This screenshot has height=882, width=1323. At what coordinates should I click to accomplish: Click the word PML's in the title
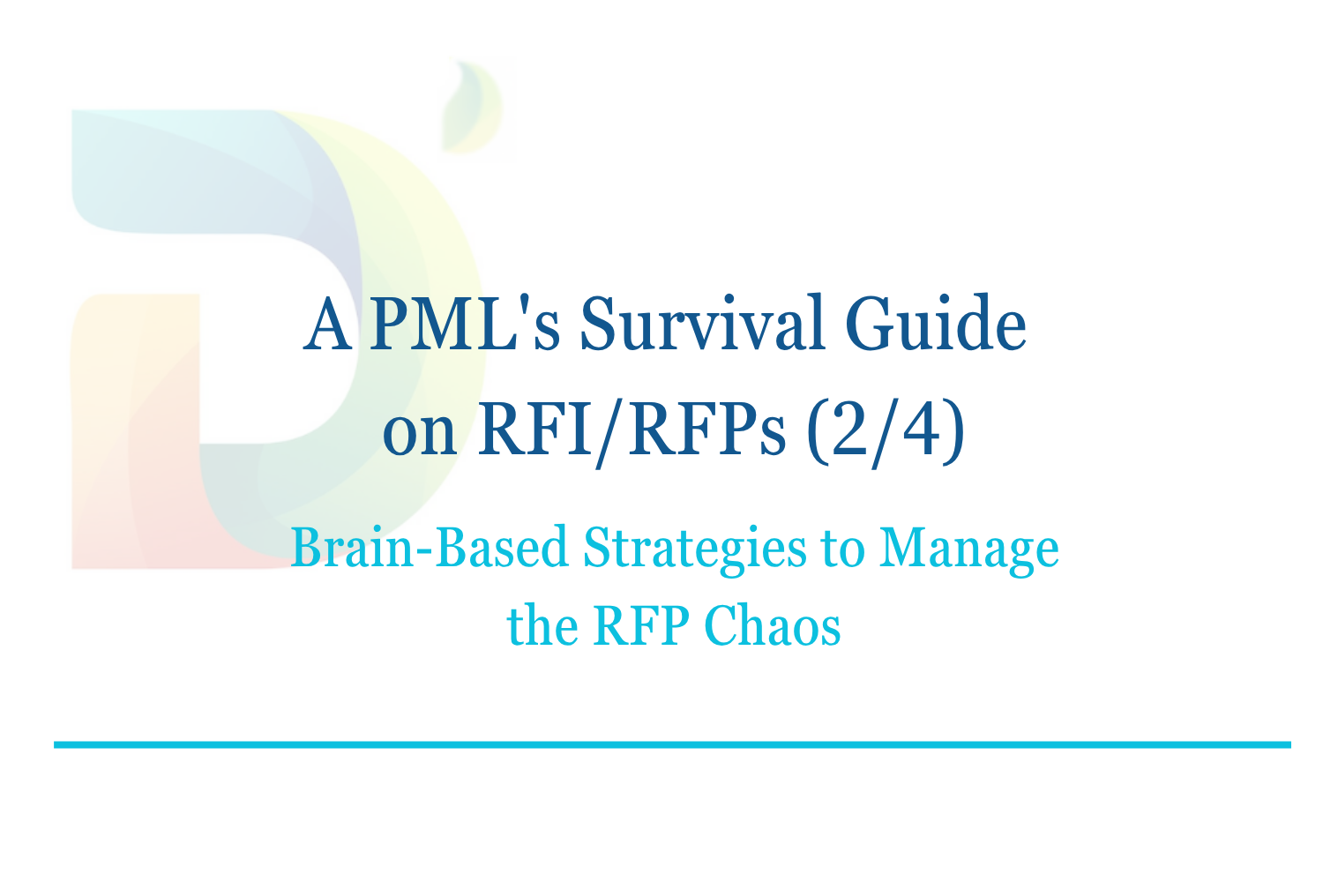pos(464,325)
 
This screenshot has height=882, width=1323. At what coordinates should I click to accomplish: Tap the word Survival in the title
pos(701,325)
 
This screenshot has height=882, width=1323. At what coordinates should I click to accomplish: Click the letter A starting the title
pos(327,325)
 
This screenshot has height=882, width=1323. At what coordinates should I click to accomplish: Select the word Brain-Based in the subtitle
pos(430,549)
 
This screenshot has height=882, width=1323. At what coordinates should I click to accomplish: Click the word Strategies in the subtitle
pos(694,549)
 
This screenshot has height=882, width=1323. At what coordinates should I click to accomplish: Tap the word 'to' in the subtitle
pos(842,549)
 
